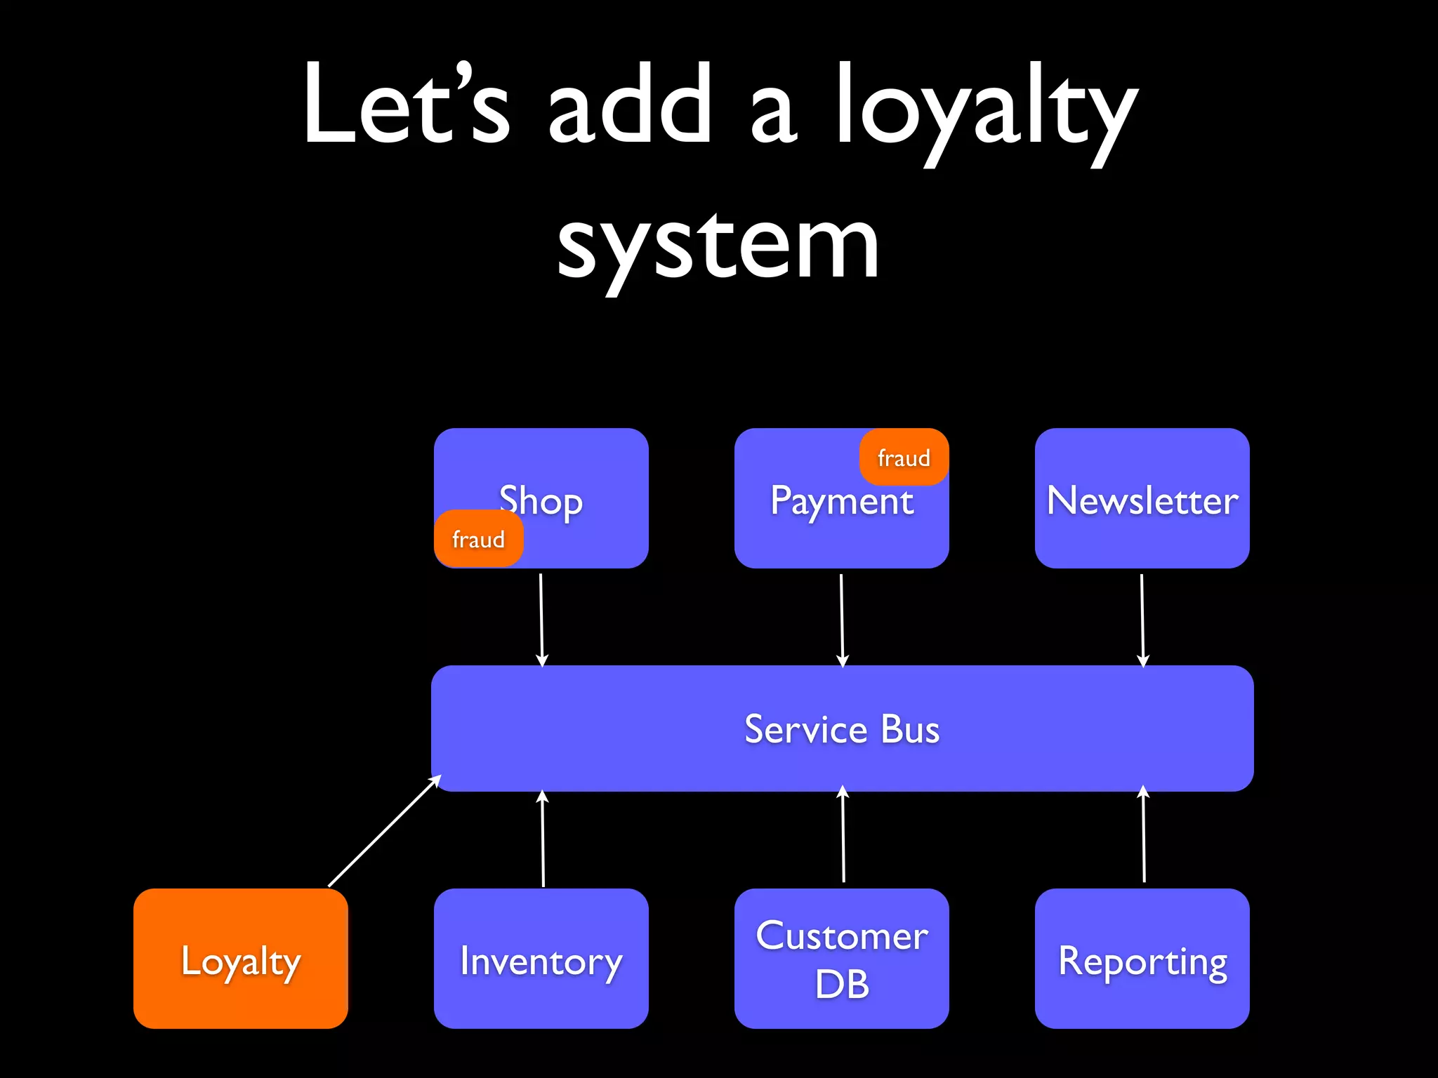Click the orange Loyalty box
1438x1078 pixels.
click(240, 959)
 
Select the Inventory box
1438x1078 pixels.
click(541, 959)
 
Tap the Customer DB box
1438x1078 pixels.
click(841, 959)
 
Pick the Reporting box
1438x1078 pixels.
click(1142, 959)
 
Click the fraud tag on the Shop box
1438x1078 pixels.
click(478, 539)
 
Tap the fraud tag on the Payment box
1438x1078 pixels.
click(904, 458)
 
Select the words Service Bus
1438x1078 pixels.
click(841, 729)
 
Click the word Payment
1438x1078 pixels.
click(841, 501)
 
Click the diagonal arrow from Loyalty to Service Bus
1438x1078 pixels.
click(384, 832)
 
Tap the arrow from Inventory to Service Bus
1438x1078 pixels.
click(543, 839)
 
